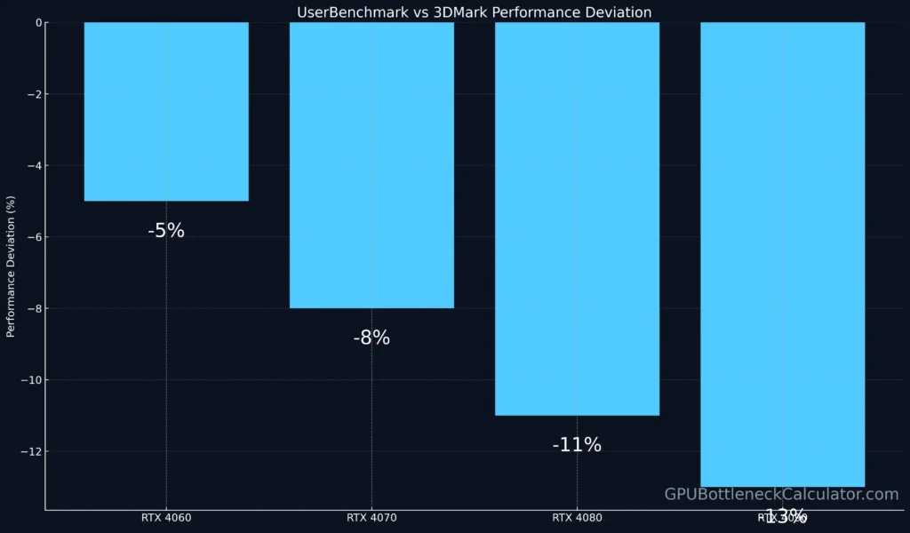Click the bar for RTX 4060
[x=166, y=111]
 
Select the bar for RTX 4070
[x=371, y=165]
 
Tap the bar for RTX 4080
[x=577, y=219]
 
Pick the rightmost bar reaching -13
[x=782, y=254]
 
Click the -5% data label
[x=166, y=231]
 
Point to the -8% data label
[x=371, y=338]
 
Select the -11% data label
[x=577, y=445]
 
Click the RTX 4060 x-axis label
[x=166, y=517]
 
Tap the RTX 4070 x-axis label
[x=371, y=517]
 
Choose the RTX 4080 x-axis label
[x=577, y=517]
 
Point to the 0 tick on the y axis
[x=36, y=23]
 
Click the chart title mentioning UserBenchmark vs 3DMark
[x=474, y=12]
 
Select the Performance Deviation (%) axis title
[x=12, y=266]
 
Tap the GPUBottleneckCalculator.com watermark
[x=781, y=495]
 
